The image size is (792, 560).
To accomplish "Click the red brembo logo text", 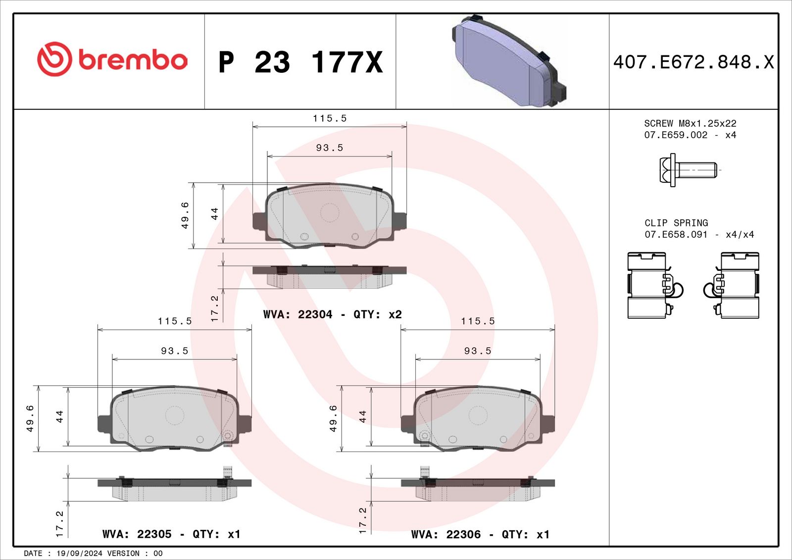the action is pyautogui.click(x=133, y=60).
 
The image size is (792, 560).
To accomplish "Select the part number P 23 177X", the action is pyautogui.click(x=300, y=62).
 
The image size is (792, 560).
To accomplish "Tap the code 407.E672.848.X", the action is pyautogui.click(x=693, y=62).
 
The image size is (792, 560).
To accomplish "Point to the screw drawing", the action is pyautogui.click(x=688, y=170).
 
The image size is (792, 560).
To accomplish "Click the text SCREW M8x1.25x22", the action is pyautogui.click(x=690, y=123).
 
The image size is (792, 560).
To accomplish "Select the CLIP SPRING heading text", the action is pyautogui.click(x=676, y=223).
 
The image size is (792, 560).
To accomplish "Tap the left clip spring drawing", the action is pyautogui.click(x=655, y=285).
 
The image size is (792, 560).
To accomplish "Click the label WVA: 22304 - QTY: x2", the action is pyautogui.click(x=332, y=314).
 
